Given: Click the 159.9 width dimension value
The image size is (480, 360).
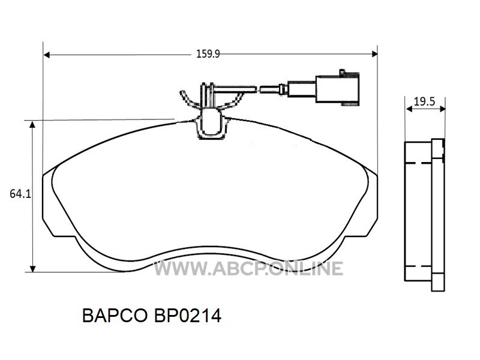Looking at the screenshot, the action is click(208, 54).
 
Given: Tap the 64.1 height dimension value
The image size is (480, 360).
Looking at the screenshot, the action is click(20, 194).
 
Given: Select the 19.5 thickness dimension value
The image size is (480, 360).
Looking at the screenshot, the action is click(424, 101).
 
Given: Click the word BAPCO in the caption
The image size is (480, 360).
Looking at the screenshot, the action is click(115, 316).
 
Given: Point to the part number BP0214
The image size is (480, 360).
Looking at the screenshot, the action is click(188, 316).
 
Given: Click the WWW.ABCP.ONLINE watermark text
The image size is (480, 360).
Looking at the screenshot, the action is click(248, 268).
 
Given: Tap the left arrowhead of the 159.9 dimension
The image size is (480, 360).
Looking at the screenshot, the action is click(47, 55).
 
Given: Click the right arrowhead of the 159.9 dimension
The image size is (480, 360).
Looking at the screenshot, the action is click(374, 54).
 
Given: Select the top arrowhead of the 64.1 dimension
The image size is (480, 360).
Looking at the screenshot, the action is click(32, 124).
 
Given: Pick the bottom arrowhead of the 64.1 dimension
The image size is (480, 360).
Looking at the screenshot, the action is click(32, 268).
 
